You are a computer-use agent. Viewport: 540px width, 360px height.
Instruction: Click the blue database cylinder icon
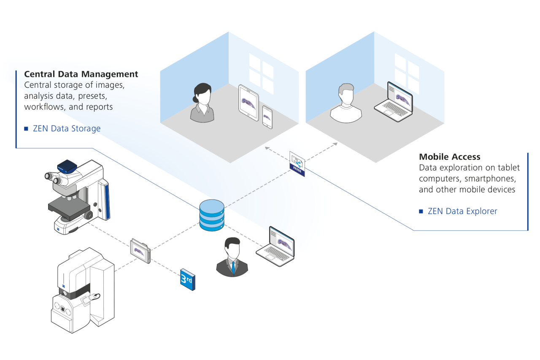[212, 216]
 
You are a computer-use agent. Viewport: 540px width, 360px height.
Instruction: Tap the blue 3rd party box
[188, 279]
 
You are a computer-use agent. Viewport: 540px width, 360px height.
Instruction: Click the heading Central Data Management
[81, 74]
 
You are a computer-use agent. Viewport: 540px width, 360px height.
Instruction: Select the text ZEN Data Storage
[67, 128]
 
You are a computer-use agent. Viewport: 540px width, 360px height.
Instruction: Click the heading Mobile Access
[449, 157]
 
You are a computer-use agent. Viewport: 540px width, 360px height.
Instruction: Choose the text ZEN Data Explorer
[462, 211]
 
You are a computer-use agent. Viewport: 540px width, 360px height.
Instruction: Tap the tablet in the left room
[248, 103]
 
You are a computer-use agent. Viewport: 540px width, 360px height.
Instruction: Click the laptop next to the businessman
[276, 246]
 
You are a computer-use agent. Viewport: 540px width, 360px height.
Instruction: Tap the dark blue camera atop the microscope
[67, 166]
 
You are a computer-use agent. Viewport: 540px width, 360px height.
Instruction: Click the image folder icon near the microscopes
[140, 251]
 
